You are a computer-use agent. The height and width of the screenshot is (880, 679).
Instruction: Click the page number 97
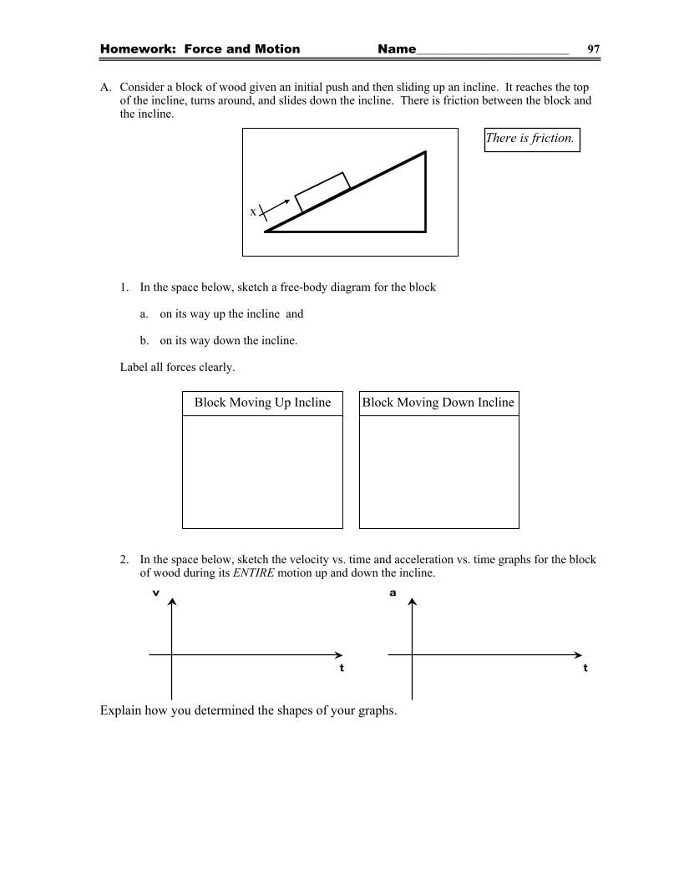(x=593, y=49)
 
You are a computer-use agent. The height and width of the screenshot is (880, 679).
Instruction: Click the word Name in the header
(x=397, y=49)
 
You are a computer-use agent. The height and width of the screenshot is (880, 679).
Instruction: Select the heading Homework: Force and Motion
(x=200, y=49)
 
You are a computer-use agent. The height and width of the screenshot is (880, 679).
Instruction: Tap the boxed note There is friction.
(x=531, y=139)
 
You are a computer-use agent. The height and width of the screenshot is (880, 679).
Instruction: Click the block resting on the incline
(x=322, y=192)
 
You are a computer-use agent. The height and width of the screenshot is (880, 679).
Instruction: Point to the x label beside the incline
(x=253, y=212)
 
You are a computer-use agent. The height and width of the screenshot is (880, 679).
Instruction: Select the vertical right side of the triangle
(x=426, y=191)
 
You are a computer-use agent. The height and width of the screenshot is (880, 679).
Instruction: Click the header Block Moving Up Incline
(x=262, y=403)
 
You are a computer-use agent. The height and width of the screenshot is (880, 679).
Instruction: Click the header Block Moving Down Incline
(x=438, y=403)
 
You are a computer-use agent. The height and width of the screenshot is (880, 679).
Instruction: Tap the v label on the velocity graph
(x=156, y=593)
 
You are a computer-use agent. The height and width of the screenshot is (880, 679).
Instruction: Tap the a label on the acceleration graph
(x=393, y=593)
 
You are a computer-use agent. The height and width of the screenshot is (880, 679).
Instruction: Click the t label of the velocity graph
(x=342, y=668)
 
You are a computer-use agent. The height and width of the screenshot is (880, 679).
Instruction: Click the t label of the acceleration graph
(x=585, y=668)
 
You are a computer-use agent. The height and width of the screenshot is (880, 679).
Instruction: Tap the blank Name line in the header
(x=493, y=52)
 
